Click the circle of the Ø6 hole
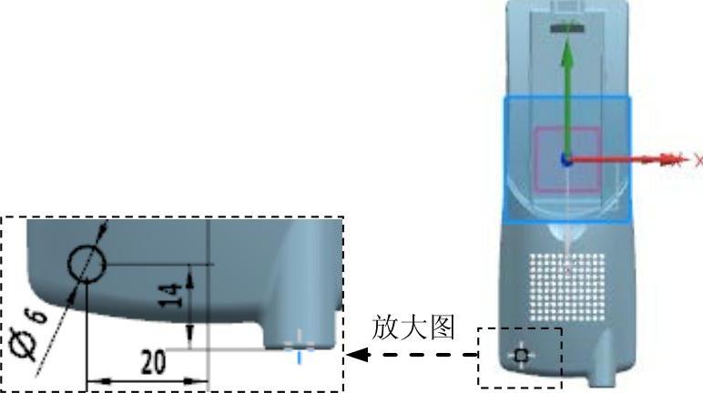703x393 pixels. point(87,264)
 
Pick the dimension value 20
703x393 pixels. point(153,363)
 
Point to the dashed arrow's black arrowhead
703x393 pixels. point(356,355)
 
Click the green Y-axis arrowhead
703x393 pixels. point(566,53)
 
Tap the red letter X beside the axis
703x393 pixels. point(698,160)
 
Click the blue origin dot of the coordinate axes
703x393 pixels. point(566,160)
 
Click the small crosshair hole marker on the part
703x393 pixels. point(520,355)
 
